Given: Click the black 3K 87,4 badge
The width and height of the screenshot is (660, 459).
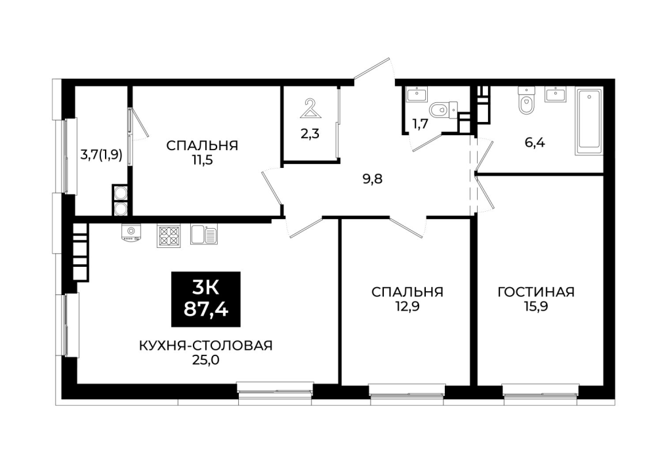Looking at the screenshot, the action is click(x=206, y=299).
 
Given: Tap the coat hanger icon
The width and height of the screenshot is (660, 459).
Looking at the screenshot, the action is click(x=310, y=109).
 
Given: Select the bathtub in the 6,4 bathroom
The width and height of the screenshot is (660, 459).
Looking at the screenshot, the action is click(x=588, y=121).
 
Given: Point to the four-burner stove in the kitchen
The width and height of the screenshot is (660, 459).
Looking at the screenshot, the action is click(x=169, y=235).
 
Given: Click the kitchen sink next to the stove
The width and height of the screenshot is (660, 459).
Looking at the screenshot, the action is click(x=204, y=234).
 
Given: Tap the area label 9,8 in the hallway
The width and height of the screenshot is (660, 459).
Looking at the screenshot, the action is click(x=373, y=179).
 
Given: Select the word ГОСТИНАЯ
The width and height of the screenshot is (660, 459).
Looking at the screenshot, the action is click(x=536, y=292).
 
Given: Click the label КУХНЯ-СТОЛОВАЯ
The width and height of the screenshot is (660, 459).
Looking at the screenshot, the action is click(x=206, y=346).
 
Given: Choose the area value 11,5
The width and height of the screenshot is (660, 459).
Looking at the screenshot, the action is click(x=202, y=160).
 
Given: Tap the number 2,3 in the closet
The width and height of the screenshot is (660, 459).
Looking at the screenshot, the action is click(x=310, y=134).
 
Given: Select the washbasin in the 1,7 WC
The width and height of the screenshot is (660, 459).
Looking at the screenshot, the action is click(x=417, y=94).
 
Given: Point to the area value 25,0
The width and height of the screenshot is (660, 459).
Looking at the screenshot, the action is click(x=206, y=361).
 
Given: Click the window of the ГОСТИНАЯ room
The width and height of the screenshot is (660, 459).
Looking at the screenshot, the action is click(x=541, y=390).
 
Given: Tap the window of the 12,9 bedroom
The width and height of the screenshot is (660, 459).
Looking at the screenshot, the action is click(x=407, y=390).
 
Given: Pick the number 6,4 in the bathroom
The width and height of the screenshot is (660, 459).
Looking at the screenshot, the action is click(x=535, y=143).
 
